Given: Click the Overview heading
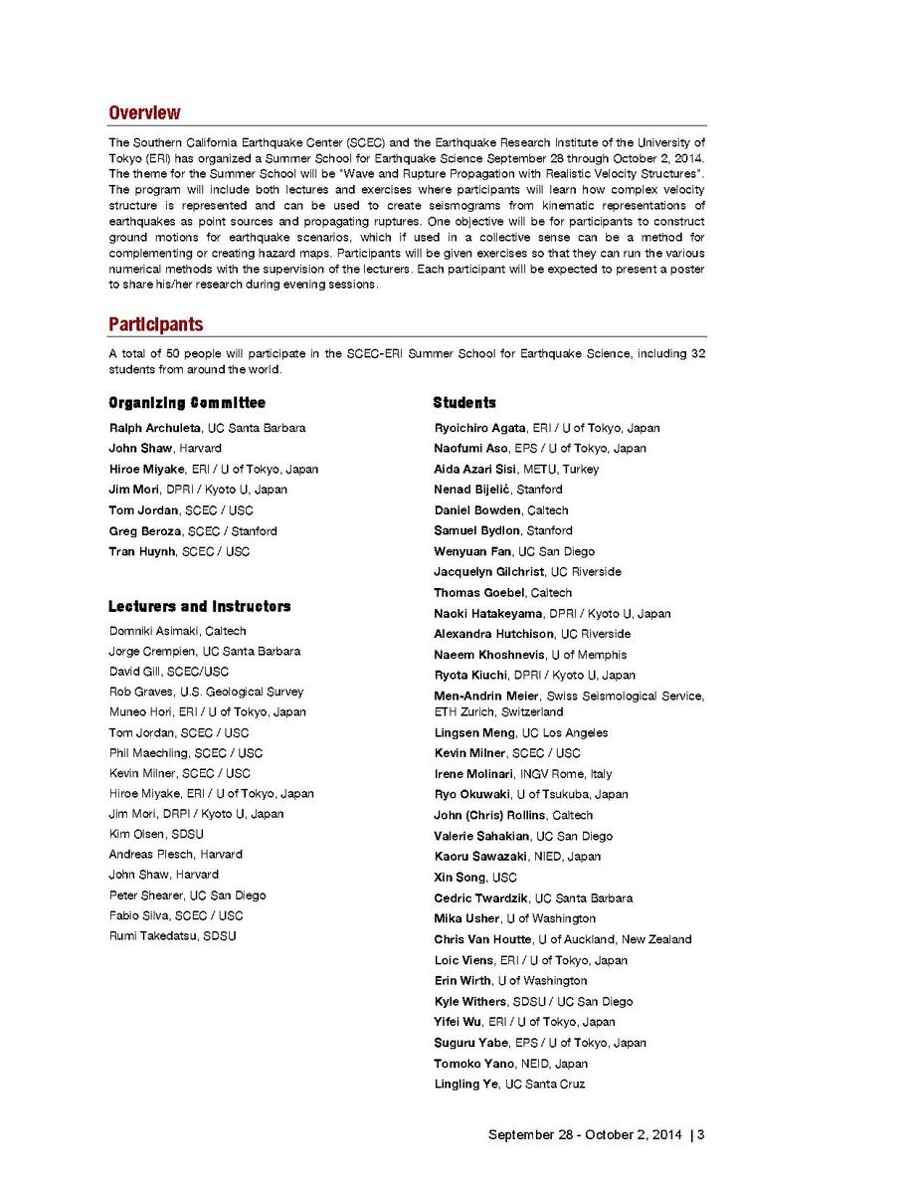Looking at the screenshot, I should pyautogui.click(x=144, y=112).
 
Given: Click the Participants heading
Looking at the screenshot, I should pyautogui.click(x=155, y=324).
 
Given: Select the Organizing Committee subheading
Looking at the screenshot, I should pyautogui.click(x=187, y=403).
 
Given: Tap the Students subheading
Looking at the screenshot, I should pyautogui.click(x=464, y=403).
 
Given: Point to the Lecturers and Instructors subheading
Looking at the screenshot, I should pyautogui.click(x=200, y=606).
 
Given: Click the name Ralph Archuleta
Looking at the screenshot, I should pyautogui.click(x=155, y=428).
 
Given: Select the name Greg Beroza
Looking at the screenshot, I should pyautogui.click(x=145, y=531).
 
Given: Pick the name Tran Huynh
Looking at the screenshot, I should pyautogui.click(x=142, y=551).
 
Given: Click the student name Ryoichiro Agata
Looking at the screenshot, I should pyautogui.click(x=479, y=428).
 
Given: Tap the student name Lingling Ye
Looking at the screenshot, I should pyautogui.click(x=466, y=1084).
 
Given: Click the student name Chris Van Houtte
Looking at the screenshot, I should pyautogui.click(x=482, y=939).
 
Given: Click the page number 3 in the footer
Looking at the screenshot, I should pyautogui.click(x=701, y=1134).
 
